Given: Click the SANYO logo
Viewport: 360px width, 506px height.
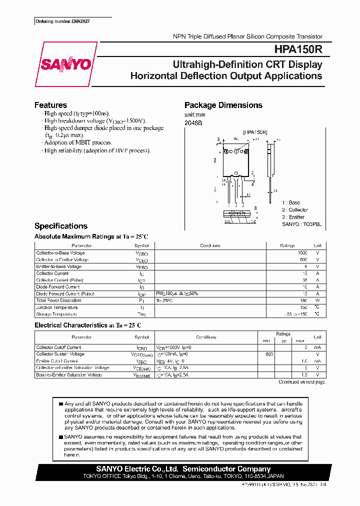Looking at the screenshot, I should [x=65, y=64].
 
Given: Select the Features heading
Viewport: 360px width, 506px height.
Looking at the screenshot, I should [x=50, y=105].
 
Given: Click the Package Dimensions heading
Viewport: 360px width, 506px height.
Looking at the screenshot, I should [x=223, y=105].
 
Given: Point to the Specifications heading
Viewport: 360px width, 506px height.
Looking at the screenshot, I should [x=60, y=226].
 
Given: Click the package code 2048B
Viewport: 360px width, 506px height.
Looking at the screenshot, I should [x=193, y=123].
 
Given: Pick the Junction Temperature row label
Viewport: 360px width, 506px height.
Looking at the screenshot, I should [x=57, y=307].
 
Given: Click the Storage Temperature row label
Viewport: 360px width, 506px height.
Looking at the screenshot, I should [x=56, y=314].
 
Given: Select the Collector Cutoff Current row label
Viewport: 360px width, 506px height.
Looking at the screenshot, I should [x=58, y=347].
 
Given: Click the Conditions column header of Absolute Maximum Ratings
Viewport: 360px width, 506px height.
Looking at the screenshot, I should [x=210, y=246].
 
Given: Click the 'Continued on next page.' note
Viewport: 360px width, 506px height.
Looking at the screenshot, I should [x=301, y=382].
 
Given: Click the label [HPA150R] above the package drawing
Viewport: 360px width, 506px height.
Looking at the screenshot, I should [x=255, y=132].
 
